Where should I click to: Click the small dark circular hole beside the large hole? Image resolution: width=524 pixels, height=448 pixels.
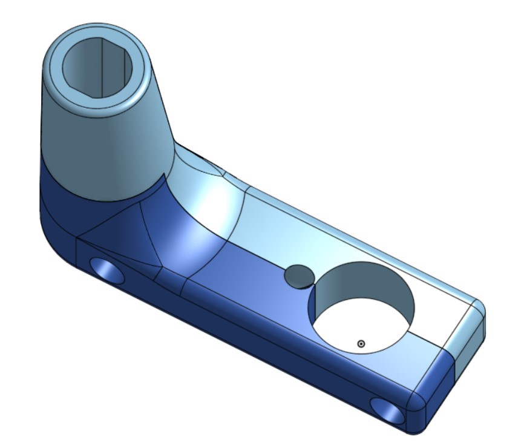click(299, 275)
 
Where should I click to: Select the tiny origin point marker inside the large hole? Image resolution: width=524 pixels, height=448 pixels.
click(361, 344)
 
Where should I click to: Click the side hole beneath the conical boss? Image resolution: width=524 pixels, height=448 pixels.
click(107, 270)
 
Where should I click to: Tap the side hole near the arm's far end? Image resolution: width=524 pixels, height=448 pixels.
click(387, 410)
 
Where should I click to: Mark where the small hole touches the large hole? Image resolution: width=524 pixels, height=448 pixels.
click(313, 285)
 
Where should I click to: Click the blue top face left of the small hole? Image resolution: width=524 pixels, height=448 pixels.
click(242, 266)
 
